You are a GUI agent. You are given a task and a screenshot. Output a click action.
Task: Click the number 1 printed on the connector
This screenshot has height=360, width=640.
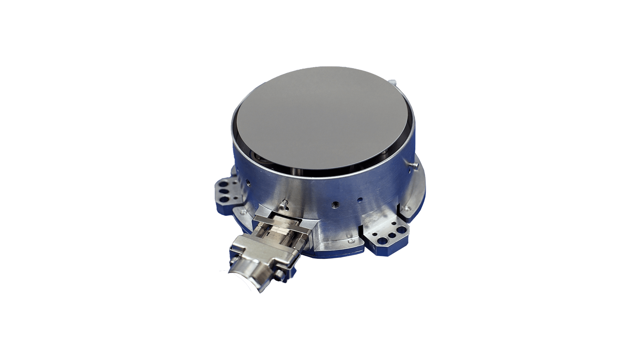268,234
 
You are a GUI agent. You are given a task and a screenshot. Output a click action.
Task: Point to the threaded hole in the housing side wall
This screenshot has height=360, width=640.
335,204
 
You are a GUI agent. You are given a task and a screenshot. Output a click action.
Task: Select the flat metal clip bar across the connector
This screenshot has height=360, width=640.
283,223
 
